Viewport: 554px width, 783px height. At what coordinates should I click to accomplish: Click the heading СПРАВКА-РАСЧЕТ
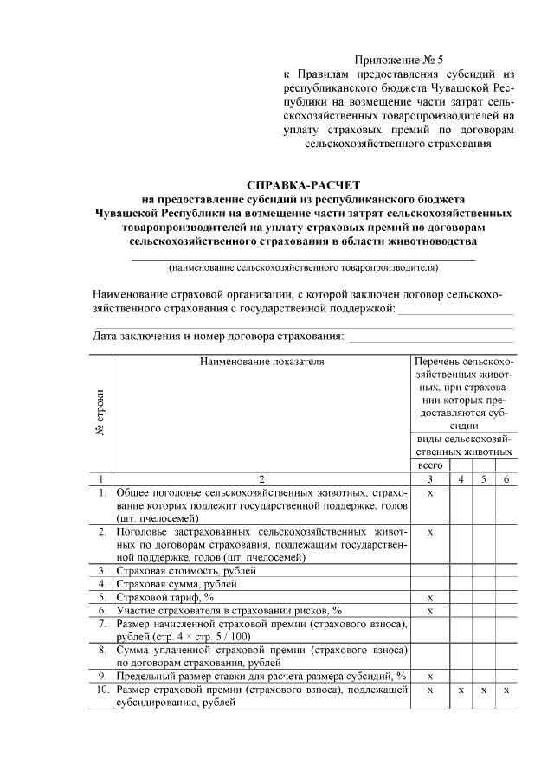(302, 185)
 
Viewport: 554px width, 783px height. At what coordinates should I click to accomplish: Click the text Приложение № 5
(398, 61)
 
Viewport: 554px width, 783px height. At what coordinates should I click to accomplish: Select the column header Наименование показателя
(261, 362)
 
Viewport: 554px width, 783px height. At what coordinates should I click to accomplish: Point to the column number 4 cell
(461, 478)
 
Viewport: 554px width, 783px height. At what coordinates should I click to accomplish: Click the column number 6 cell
(506, 478)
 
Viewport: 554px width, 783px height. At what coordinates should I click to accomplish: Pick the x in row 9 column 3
(429, 675)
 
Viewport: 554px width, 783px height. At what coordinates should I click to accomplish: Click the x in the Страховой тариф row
(429, 597)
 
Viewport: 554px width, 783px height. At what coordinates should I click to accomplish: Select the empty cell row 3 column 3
(429, 571)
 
